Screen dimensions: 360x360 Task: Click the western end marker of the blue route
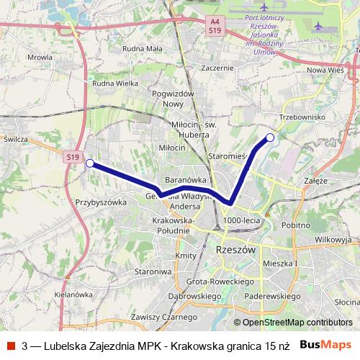[89, 163]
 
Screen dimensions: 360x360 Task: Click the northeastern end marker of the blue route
[270, 138]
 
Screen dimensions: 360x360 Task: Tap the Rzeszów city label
[236, 249]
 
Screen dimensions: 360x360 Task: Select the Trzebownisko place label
[302, 117]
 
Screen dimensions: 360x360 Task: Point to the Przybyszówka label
[101, 202]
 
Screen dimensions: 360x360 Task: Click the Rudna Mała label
[143, 48]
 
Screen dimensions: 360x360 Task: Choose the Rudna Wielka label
[115, 84]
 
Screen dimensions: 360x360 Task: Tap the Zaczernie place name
[219, 68]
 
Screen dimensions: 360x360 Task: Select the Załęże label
[316, 181]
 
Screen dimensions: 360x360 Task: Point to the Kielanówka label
[73, 294]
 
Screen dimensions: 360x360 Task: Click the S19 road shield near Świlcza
[71, 156]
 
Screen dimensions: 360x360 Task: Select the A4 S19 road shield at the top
[215, 27]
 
